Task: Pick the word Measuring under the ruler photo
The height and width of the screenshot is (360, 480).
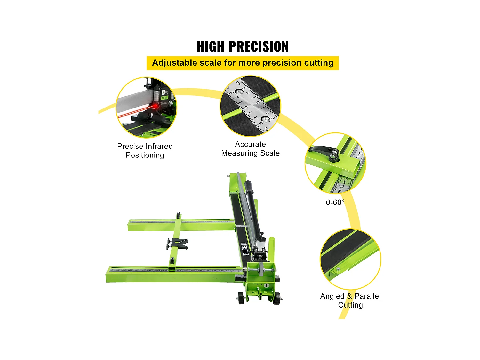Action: [x=238, y=153]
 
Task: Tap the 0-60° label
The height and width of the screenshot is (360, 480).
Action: [x=335, y=202]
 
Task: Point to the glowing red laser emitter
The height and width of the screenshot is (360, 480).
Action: [x=156, y=107]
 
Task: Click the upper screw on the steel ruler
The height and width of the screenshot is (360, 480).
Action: [x=238, y=92]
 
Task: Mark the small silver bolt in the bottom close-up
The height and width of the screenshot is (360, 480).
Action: [x=338, y=269]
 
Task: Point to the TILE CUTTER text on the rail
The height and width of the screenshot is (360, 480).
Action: [x=245, y=249]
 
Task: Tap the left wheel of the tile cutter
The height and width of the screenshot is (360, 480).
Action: [x=241, y=298]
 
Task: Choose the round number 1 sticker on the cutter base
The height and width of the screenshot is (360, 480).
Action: [x=266, y=285]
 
